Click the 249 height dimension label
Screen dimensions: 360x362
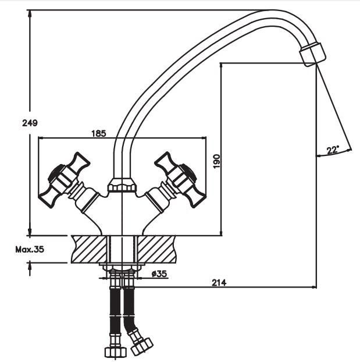pyautogui.click(x=30, y=123)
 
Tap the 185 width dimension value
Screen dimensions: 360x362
pyautogui.click(x=99, y=133)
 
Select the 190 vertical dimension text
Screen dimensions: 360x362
pyautogui.click(x=217, y=161)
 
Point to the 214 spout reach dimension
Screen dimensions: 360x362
pyautogui.click(x=219, y=282)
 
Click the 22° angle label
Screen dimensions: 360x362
pyautogui.click(x=333, y=150)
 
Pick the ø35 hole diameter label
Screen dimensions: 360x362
pyautogui.click(x=159, y=274)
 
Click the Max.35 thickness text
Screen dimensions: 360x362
pyautogui.click(x=30, y=250)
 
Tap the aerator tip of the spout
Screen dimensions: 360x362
pyautogui.click(x=313, y=55)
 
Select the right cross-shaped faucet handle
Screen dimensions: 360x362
pyautogui.click(x=176, y=180)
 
